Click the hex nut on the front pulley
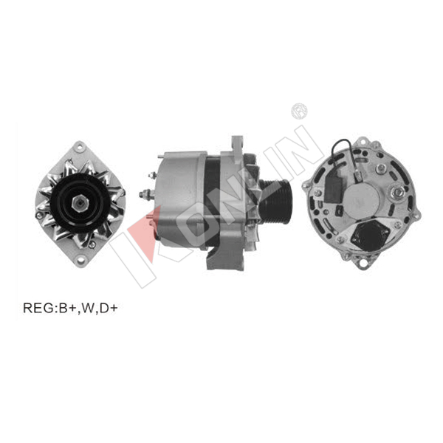(x=80, y=202)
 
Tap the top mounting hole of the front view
(x=80, y=147)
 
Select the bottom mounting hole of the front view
(x=80, y=259)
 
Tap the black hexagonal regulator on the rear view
(x=370, y=236)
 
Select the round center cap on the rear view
(x=362, y=200)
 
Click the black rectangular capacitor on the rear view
(x=334, y=187)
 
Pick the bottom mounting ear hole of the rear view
(x=363, y=263)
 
